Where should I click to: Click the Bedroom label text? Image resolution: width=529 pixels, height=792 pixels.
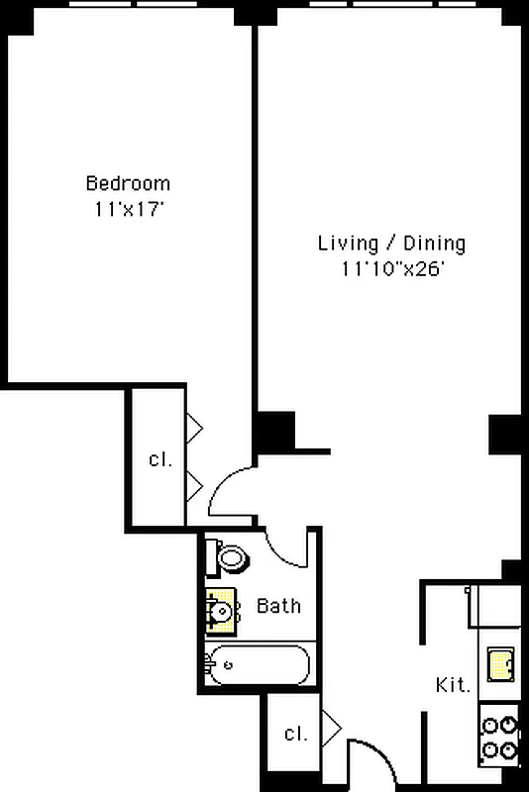128,183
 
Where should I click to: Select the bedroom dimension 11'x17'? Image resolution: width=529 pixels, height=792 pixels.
128,209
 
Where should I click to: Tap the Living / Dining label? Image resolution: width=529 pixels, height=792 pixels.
391,243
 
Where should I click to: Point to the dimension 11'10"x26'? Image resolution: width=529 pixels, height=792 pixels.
391,268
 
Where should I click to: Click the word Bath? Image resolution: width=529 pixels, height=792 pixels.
278,606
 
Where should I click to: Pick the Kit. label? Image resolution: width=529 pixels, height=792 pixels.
453,685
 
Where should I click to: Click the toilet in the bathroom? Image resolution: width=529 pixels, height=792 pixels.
233,558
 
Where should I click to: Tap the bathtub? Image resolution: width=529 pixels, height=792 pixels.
258,664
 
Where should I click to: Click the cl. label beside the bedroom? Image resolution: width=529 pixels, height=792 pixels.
159,459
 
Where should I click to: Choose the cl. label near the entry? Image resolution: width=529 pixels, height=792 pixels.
295,734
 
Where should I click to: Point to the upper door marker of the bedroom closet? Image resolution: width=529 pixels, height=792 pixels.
195,427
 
